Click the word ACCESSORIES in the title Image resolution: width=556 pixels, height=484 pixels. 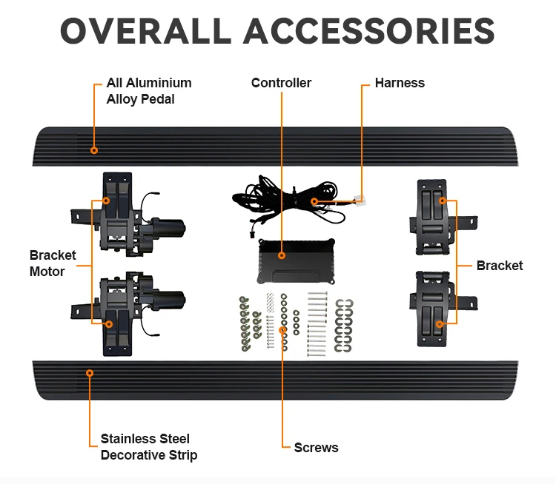click(369, 32)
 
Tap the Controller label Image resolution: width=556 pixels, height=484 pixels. click(281, 83)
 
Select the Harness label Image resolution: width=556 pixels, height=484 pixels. click(400, 83)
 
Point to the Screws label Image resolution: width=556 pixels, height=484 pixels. click(316, 447)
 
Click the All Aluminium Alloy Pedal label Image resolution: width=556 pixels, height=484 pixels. click(148, 91)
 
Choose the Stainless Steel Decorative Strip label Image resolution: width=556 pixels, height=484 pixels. click(148, 447)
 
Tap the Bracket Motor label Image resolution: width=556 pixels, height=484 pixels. click(53, 263)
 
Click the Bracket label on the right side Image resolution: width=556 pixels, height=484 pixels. click(500, 266)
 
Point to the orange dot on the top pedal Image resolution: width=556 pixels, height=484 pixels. click(94, 150)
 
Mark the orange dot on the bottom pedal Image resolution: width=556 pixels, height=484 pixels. click(90, 373)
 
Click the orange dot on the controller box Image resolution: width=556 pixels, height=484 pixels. click(282, 255)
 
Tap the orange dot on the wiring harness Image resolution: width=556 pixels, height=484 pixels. click(314, 201)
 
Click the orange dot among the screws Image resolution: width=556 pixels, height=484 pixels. click(282, 329)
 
